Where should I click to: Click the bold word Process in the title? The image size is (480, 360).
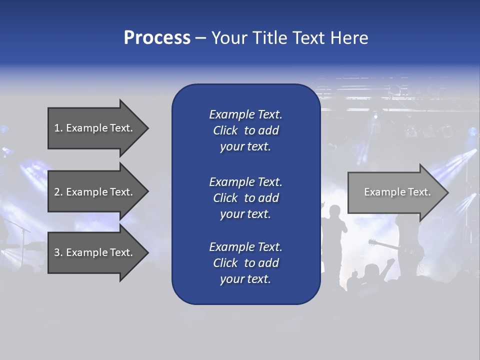(x=157, y=37)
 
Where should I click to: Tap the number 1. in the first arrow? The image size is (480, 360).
(x=58, y=128)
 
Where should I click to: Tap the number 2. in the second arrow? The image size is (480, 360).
(x=58, y=192)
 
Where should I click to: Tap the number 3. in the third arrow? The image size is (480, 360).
(x=58, y=252)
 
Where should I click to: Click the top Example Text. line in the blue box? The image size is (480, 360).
(x=245, y=114)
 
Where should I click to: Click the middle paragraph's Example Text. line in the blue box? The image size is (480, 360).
(x=245, y=181)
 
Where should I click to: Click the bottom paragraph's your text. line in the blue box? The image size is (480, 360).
(x=245, y=279)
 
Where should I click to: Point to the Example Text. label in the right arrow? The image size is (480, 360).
(x=397, y=192)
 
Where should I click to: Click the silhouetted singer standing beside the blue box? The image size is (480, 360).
(x=333, y=235)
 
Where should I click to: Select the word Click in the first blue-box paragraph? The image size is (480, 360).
(x=225, y=130)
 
